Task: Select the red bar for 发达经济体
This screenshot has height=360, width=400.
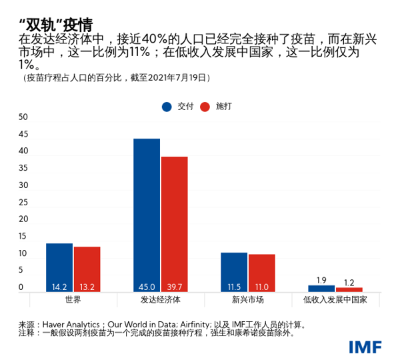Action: point(174,224)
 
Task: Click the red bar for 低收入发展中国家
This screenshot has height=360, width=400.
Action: point(349,289)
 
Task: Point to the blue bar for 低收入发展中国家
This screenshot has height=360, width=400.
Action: point(321,288)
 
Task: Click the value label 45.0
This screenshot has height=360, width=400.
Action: point(147,287)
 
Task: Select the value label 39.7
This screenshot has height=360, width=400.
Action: point(174,287)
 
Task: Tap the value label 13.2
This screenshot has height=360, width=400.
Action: point(87,287)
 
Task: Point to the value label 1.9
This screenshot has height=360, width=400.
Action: point(321,280)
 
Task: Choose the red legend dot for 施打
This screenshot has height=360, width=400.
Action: point(205,107)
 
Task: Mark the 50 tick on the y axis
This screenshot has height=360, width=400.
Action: point(23,117)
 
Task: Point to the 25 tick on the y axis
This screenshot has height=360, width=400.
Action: point(23,203)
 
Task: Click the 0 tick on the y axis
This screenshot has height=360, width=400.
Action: point(21,288)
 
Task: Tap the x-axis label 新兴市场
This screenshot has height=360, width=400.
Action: point(247,300)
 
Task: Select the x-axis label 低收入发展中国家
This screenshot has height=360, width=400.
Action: point(335,300)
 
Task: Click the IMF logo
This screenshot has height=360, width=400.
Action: point(365,347)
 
